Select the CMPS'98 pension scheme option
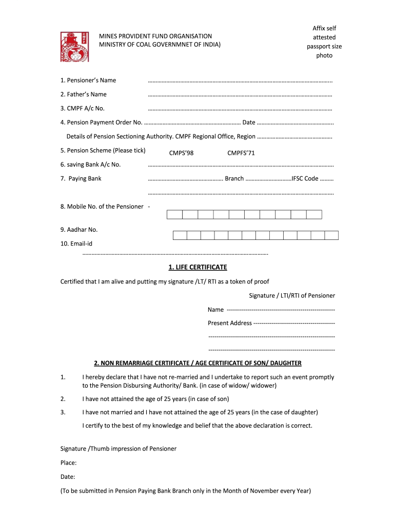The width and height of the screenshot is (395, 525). coord(181,153)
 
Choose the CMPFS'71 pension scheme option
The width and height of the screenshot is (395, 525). coord(241,153)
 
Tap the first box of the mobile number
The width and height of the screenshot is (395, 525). coord(175,215)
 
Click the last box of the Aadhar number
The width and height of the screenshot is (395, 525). coord(332,235)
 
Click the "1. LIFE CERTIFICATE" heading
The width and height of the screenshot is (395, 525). coord(197,268)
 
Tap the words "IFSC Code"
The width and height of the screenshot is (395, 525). coord(305,179)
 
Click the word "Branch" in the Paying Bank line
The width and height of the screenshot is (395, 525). coord(234,179)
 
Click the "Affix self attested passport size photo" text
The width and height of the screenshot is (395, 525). coord(324,42)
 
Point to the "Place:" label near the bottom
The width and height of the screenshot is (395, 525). coord(69,463)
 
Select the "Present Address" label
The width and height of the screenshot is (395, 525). coord(230,323)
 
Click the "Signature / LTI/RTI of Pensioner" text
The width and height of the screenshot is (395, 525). coord(292,296)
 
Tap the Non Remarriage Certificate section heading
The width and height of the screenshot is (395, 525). coord(197,364)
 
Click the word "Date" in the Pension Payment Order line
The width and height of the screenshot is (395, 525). coord(249,123)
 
